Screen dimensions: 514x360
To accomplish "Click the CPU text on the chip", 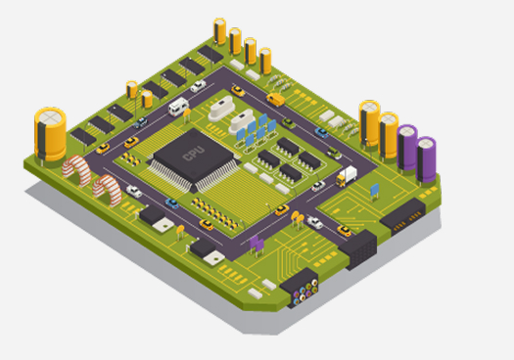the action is coord(193,154).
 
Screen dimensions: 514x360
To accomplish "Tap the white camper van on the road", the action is coord(178,107).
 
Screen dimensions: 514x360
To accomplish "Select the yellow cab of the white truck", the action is coord(341,181).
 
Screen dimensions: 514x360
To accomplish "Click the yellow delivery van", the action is coord(275,99).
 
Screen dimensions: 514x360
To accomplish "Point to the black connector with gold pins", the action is coord(403,217).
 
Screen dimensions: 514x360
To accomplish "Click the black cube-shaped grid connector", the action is coord(358,249).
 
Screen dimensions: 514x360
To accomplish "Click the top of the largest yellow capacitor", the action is coord(50,117).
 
